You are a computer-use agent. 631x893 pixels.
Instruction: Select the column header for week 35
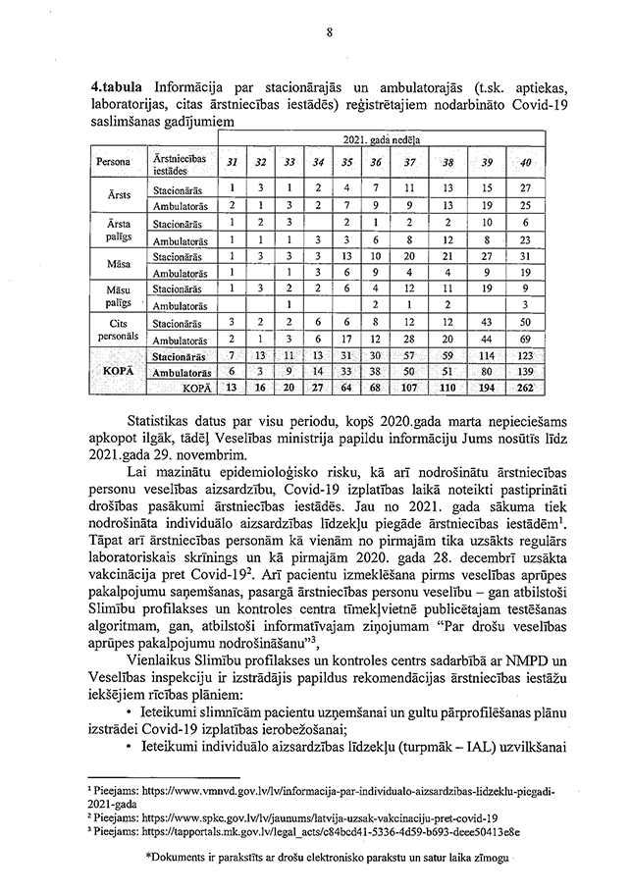click(x=347, y=161)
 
